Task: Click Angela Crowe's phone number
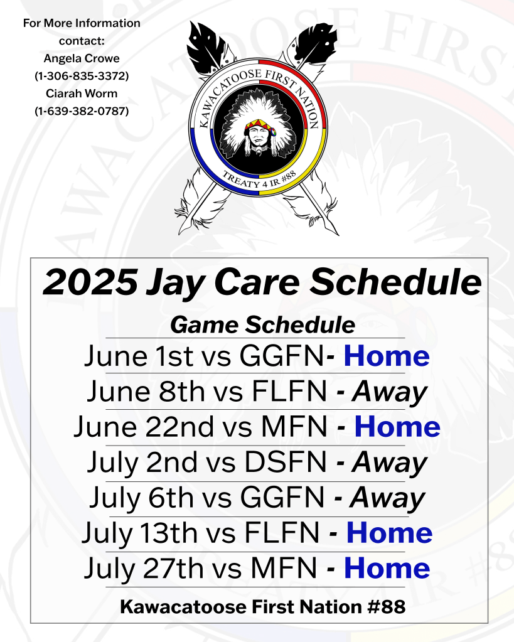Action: (82, 76)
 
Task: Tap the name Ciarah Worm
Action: (82, 94)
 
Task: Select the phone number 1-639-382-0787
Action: (82, 111)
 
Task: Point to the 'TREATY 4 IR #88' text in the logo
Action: (259, 179)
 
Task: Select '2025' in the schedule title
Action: (90, 282)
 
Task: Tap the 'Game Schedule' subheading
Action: (262, 325)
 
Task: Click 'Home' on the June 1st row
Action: (387, 355)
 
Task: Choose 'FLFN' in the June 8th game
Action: (289, 392)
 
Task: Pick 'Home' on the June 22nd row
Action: (397, 427)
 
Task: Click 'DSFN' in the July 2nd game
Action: (286, 463)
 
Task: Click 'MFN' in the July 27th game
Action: (284, 569)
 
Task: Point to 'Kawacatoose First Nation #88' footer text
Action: (262, 607)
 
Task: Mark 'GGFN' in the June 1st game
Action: (282, 355)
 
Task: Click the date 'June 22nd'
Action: (144, 427)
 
